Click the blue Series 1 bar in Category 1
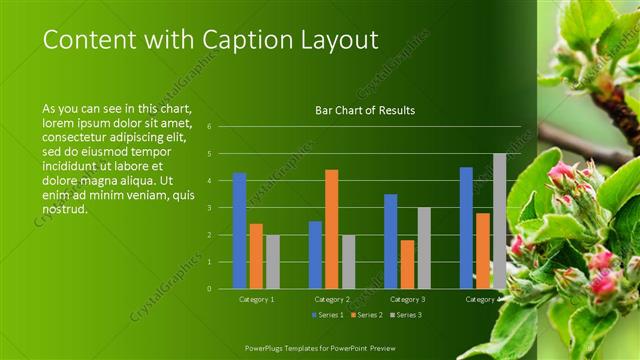click(x=239, y=230)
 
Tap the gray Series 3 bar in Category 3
click(x=424, y=247)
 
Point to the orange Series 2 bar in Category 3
click(x=407, y=264)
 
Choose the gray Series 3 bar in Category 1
click(x=273, y=261)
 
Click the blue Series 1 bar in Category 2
click(x=315, y=254)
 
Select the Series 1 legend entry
click(x=328, y=315)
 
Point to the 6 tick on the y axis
click(x=209, y=127)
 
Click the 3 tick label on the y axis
click(x=209, y=208)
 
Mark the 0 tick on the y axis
click(x=209, y=289)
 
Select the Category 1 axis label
click(x=256, y=299)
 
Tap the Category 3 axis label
click(x=407, y=299)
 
